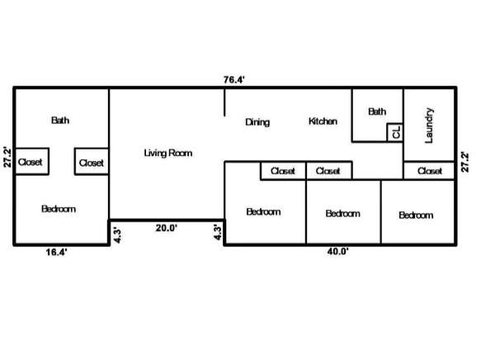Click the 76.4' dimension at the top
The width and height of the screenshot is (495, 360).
[234, 79]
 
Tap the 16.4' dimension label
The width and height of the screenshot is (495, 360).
[56, 252]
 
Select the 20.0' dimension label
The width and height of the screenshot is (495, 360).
[167, 228]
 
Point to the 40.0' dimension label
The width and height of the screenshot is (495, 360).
[338, 252]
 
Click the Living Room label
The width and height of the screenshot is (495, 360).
[168, 154]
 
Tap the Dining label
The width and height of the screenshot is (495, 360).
[257, 122]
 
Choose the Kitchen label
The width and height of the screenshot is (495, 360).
[323, 121]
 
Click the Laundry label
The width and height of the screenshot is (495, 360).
[429, 126]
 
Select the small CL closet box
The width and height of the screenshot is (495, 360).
[395, 132]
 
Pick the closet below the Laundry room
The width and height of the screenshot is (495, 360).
[429, 171]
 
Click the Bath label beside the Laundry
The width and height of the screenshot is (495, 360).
[377, 111]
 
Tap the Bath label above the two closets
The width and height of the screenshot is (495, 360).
[60, 121]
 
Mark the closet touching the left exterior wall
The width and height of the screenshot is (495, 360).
[31, 162]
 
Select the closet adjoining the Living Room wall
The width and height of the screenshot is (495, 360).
[92, 162]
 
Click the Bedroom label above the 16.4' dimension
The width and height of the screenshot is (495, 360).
[59, 209]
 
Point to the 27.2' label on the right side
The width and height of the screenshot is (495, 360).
[465, 162]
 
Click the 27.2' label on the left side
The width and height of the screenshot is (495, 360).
[7, 157]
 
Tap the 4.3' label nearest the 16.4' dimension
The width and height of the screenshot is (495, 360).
[117, 235]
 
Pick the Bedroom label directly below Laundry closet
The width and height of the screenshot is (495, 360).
[416, 216]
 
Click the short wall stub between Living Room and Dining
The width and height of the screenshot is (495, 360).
[224, 102]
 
